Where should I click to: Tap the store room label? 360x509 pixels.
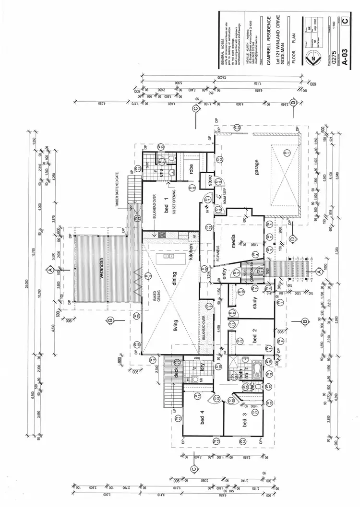(210, 181)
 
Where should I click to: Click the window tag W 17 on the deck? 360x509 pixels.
(176, 361)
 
